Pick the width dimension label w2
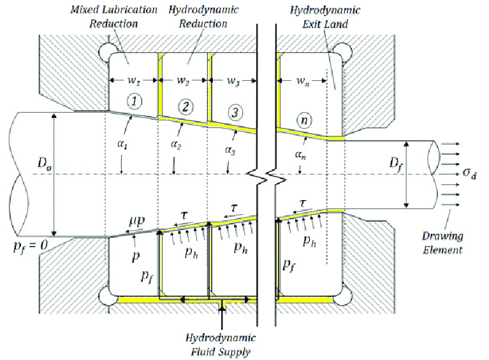tap(183, 81)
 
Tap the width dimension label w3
tap(234, 81)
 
